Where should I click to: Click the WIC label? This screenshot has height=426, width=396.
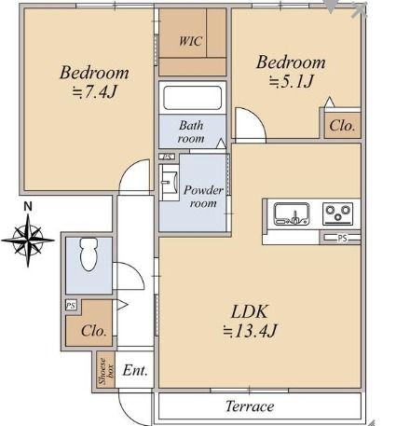pyautogui.click(x=191, y=41)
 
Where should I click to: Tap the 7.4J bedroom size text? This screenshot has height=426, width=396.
pyautogui.click(x=95, y=91)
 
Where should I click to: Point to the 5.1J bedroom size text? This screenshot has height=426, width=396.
pyautogui.click(x=291, y=81)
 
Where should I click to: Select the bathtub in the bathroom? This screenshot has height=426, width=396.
pyautogui.click(x=193, y=98)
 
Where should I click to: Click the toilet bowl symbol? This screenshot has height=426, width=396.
pyautogui.click(x=89, y=254)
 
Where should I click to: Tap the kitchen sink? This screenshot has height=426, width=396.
pyautogui.click(x=292, y=213)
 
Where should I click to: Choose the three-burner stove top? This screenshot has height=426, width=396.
pyautogui.click(x=337, y=213)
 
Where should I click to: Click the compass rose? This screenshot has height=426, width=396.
pyautogui.click(x=28, y=240)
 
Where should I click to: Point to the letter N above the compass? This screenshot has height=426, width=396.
pyautogui.click(x=28, y=207)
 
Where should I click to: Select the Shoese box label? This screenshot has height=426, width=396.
pyautogui.click(x=106, y=371)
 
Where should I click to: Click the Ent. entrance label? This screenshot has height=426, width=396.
pyautogui.click(x=135, y=370)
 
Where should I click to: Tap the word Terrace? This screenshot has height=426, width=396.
pyautogui.click(x=250, y=406)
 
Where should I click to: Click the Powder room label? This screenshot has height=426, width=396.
pyautogui.click(x=203, y=197)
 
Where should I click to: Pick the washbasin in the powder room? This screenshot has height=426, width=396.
pyautogui.click(x=169, y=183)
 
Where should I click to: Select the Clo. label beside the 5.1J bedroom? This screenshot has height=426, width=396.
pyautogui.click(x=342, y=126)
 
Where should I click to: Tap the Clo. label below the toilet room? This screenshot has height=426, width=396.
pyautogui.click(x=94, y=331)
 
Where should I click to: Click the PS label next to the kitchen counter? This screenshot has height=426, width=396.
pyautogui.click(x=342, y=239)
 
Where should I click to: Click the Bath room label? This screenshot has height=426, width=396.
pyautogui.click(x=191, y=131)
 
